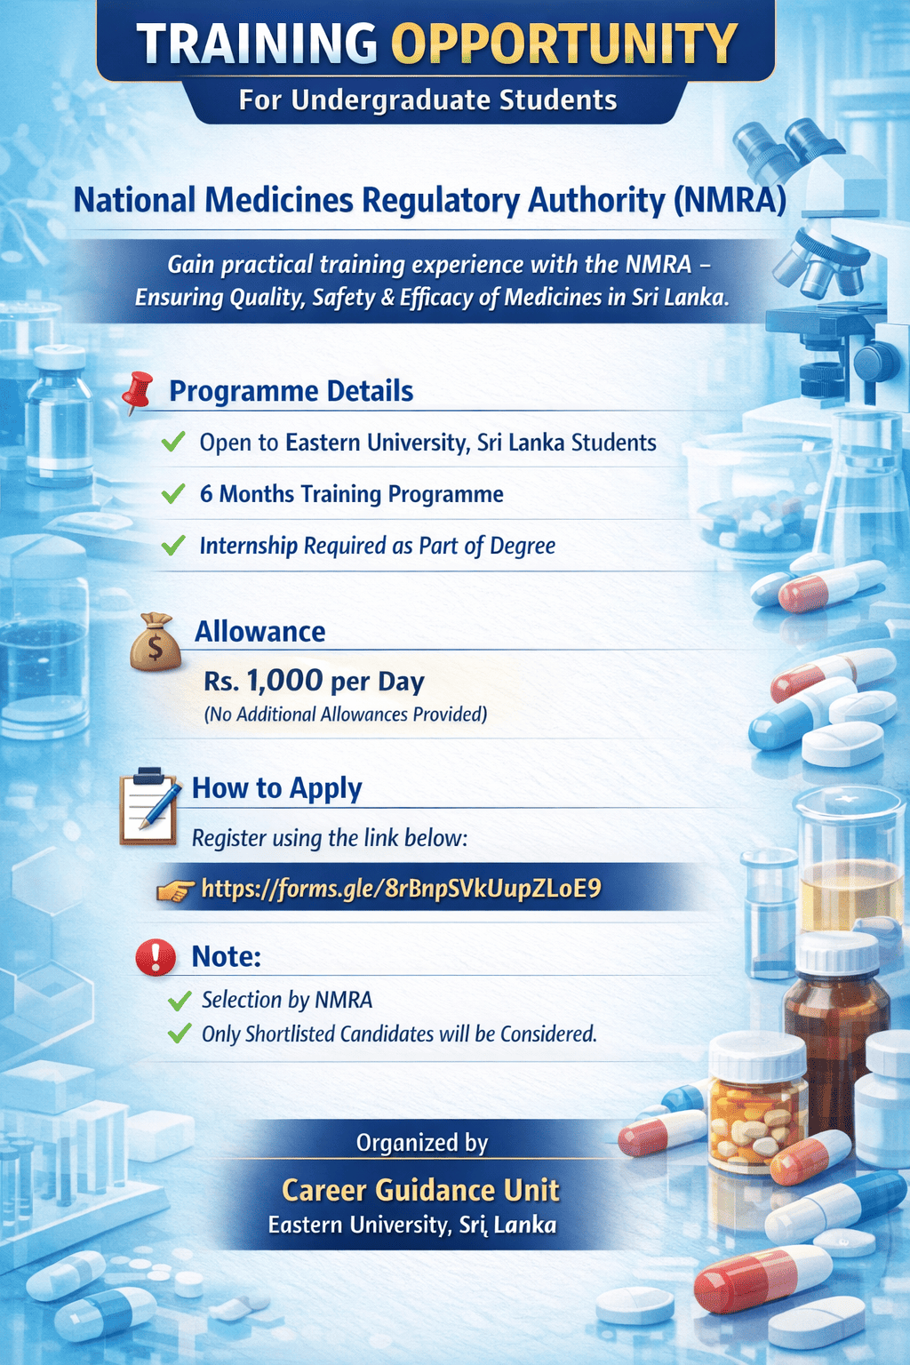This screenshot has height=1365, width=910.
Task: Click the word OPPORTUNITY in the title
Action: click(564, 44)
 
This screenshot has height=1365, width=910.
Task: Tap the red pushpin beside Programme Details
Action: click(137, 393)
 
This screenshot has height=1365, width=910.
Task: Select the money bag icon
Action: click(156, 642)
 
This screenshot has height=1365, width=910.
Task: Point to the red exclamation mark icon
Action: click(156, 957)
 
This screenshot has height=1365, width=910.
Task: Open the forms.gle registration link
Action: click(401, 888)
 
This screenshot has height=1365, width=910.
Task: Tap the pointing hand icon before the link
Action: click(175, 890)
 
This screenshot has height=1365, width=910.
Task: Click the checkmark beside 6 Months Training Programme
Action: click(173, 493)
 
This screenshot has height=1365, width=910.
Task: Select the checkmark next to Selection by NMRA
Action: click(180, 1001)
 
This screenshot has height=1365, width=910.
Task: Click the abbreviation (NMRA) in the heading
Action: click(730, 201)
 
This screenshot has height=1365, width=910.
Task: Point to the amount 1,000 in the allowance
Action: click(284, 681)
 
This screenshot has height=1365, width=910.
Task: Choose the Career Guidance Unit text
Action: click(420, 1190)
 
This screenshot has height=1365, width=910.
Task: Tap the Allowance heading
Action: click(260, 632)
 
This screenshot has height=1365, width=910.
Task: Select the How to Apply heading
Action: click(277, 788)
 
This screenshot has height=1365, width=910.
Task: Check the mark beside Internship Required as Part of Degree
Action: click(173, 545)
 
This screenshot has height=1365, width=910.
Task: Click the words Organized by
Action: click(422, 1143)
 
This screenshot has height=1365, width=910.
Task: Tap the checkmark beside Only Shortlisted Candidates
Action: click(180, 1034)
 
